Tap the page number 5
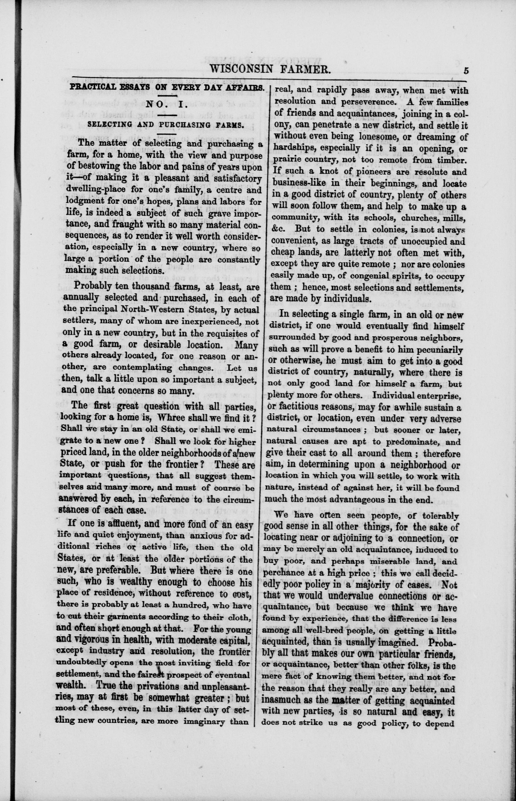point(466,71)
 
